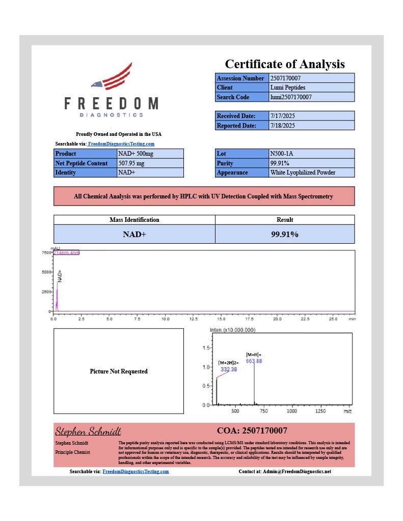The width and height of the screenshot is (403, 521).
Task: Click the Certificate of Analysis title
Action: tap(285, 64)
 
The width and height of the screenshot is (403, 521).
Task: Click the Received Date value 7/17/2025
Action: tap(282, 116)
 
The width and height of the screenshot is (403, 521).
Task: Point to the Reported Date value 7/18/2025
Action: tap(282, 126)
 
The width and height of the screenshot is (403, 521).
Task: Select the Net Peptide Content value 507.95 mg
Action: tap(131, 163)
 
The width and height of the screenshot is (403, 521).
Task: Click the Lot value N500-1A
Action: tap(281, 154)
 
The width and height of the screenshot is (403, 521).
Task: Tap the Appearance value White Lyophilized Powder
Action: tap(303, 172)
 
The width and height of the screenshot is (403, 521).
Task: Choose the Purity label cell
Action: tap(241, 163)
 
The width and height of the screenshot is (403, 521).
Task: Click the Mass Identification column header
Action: tap(135, 220)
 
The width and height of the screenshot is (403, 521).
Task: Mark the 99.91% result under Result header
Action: tap(285, 235)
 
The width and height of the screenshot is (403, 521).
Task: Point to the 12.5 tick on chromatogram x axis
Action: tap(221, 319)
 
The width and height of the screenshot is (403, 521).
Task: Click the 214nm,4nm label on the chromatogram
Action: tap(66, 253)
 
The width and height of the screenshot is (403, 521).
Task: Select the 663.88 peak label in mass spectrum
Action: tap(254, 361)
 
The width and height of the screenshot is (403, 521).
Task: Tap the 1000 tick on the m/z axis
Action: tap(292, 411)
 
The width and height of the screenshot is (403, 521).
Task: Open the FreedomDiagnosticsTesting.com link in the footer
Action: tap(136, 472)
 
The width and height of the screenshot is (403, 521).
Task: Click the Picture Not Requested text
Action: tap(119, 371)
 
